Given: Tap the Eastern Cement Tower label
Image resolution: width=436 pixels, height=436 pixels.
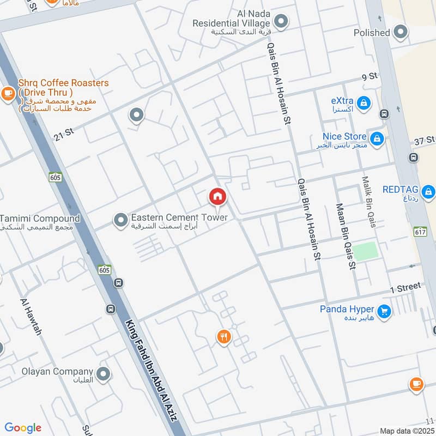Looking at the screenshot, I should pyautogui.click(x=179, y=218).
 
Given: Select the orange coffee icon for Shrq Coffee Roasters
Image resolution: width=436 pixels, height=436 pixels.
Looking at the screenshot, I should pyautogui.click(x=8, y=94).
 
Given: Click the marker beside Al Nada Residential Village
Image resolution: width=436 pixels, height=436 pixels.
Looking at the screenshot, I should pyautogui.click(x=281, y=22).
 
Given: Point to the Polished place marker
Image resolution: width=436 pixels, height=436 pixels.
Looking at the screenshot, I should pyautogui.click(x=401, y=32).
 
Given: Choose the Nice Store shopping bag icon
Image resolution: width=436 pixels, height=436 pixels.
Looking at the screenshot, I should pyautogui.click(x=376, y=137).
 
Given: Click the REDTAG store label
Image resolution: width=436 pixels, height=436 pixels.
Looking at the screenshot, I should pyautogui.click(x=401, y=190).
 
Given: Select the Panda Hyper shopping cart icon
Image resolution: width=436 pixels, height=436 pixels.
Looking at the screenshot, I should pyautogui.click(x=385, y=312).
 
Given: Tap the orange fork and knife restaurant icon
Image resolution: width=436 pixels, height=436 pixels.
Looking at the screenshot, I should pyautogui.click(x=223, y=337).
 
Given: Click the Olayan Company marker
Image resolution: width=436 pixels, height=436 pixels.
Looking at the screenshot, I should pyautogui.click(x=104, y=374).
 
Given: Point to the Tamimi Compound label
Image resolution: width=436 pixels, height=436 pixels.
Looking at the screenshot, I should pyautogui.click(x=40, y=219).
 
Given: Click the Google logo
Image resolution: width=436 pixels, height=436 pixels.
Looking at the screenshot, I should pyautogui.click(x=23, y=428).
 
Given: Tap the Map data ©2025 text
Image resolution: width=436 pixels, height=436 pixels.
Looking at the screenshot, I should pyautogui.click(x=406, y=431).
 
